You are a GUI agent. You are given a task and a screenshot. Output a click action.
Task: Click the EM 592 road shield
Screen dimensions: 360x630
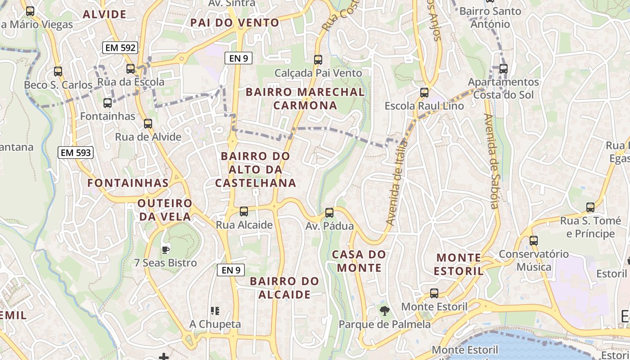coord(120,48)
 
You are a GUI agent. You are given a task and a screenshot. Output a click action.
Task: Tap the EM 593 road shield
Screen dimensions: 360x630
coord(76,153)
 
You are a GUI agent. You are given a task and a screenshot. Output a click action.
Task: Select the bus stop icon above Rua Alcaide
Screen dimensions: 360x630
coord(244,211)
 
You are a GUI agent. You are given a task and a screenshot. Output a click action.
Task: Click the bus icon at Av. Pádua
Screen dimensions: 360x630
coord(329,212)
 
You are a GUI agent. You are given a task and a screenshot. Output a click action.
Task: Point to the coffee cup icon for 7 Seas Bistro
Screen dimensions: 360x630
coord(165,249)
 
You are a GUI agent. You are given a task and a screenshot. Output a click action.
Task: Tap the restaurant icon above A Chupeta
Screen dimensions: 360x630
coord(215,310)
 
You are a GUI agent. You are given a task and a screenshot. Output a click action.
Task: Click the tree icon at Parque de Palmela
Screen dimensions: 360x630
coord(384,310)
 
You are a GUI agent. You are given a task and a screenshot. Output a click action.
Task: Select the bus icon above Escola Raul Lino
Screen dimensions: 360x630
coord(424,93)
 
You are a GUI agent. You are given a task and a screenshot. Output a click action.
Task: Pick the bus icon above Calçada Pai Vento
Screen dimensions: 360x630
coord(318,59)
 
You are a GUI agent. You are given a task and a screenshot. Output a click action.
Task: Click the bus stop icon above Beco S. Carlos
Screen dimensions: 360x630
coord(58,71)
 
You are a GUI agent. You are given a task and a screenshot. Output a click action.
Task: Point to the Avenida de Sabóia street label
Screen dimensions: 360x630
coord(491,161)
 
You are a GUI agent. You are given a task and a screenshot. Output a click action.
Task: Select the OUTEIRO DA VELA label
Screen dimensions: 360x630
coord(165,210)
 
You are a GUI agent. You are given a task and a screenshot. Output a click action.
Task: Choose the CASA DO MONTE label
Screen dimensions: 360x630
coord(359,261)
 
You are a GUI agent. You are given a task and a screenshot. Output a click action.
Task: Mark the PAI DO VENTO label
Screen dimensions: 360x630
coord(234,22)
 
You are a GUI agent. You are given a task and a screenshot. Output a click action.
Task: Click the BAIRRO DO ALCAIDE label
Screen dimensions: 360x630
coord(284,288)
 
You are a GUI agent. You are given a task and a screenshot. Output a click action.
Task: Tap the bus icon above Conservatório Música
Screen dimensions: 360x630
coord(534,240)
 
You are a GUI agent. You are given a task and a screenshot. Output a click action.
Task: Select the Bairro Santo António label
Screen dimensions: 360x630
coord(490,17)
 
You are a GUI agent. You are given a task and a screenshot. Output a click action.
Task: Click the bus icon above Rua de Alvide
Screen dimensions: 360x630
coord(148,124)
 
